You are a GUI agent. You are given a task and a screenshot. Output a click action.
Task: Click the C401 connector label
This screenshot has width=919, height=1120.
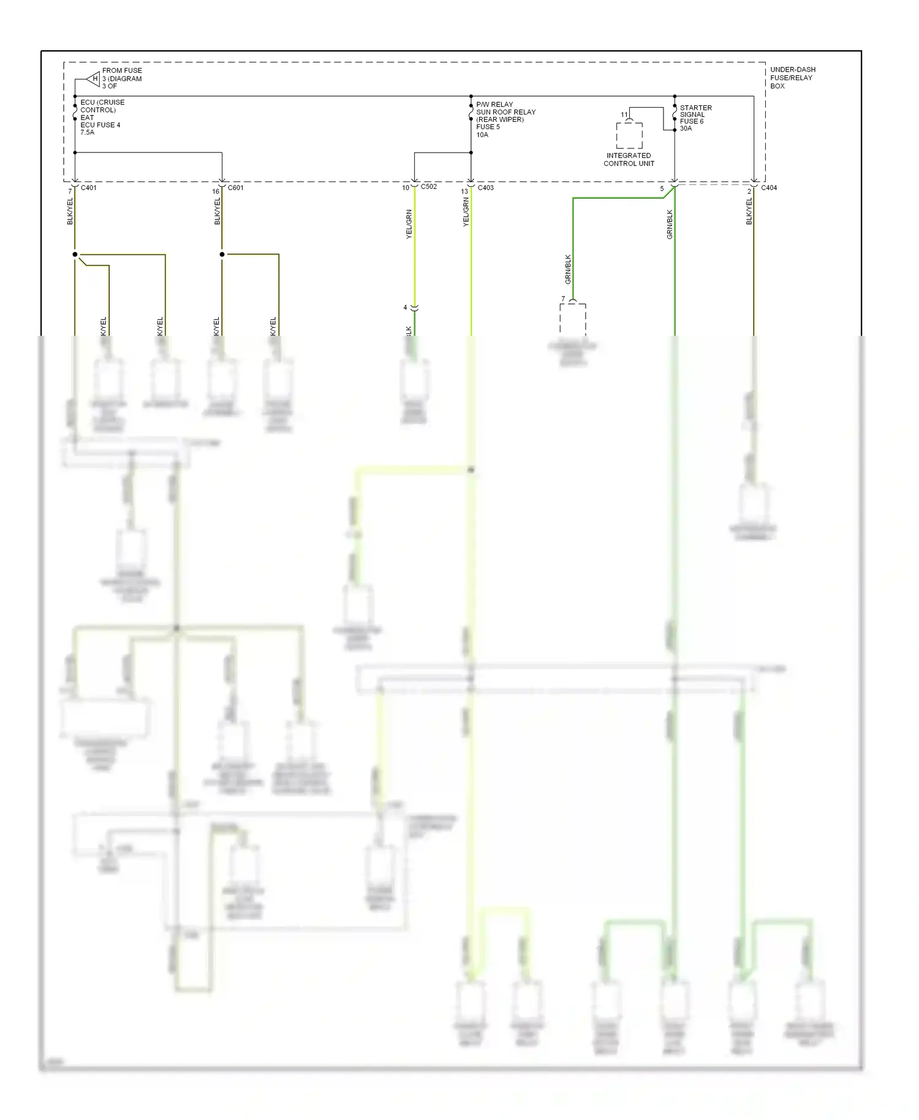tap(89, 187)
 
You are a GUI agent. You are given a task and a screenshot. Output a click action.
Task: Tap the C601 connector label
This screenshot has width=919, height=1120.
tap(235, 187)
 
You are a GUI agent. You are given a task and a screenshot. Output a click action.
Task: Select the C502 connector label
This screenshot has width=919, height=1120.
tap(429, 186)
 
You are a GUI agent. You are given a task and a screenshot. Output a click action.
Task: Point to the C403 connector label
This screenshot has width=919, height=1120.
tap(485, 187)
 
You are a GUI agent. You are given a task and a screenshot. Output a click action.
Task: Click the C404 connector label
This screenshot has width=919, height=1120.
tap(769, 187)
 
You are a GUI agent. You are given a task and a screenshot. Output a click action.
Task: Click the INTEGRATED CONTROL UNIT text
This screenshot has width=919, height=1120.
tap(629, 159)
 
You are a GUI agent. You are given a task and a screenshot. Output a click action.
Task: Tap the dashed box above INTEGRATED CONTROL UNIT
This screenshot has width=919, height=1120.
tap(629, 135)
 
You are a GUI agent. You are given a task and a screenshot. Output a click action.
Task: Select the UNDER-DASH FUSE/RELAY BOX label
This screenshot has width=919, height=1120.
tap(792, 78)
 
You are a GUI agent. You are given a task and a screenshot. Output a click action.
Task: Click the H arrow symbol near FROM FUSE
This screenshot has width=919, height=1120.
tap(94, 78)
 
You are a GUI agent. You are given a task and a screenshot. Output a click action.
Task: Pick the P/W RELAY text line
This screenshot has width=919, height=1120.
tap(494, 104)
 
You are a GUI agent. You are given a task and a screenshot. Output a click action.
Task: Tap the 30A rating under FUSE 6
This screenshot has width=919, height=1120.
tap(686, 129)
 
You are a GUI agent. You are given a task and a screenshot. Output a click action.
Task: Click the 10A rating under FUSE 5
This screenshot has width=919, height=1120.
tap(482, 135)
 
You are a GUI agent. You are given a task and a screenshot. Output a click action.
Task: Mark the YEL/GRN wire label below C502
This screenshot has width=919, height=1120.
tap(409, 224)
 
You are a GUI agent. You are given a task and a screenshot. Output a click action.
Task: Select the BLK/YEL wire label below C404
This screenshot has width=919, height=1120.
tap(749, 211)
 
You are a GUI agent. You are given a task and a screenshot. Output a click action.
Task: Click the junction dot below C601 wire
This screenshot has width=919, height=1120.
tap(222, 254)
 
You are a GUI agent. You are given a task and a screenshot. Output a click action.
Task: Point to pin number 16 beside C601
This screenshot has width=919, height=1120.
tap(216, 191)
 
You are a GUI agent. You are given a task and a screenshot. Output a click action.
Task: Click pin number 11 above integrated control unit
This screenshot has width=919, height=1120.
tap(624, 115)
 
